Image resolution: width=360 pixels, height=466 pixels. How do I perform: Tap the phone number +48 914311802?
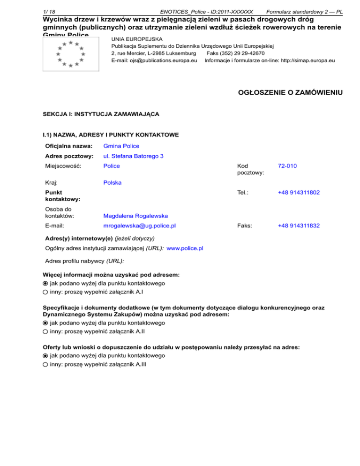(299, 192)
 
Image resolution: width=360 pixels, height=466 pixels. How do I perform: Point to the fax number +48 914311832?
(299, 225)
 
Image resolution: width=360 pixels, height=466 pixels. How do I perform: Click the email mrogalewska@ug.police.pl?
(139, 225)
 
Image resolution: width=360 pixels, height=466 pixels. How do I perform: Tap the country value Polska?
(112, 182)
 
